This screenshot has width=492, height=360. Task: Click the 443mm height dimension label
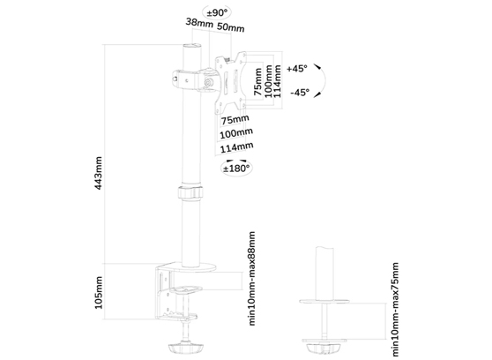tap(100, 174)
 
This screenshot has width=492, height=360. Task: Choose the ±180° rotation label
tap(236, 167)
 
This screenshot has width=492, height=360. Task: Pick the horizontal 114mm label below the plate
tap(236, 147)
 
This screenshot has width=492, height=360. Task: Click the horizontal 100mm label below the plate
tap(235, 133)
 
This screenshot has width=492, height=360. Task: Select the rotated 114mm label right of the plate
tap(280, 82)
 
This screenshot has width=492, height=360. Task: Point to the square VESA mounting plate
tap(233, 82)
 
